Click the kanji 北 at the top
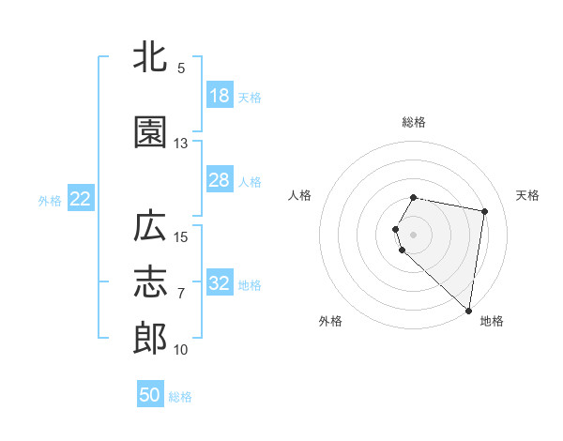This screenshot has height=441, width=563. pos(151,57)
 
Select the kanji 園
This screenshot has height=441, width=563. pos(151,132)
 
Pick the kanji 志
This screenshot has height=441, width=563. pos(151,282)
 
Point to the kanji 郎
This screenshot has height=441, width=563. pos(151,339)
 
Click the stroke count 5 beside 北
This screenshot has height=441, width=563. pos(181,68)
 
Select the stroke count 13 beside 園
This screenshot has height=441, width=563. pos(181,144)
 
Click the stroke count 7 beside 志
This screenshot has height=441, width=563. pos(181,294)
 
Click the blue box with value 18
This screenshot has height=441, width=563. pos(220,96)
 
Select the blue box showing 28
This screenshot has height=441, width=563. pos(220,180)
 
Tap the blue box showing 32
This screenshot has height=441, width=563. pos(220,283)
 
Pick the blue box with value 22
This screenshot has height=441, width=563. pos(81,199)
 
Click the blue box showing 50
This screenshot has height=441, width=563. pos(150,395)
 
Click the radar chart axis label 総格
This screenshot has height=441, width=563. pos(414,122)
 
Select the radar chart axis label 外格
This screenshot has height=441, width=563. pos(330,321)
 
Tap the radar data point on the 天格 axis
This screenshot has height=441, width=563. pos(484,211)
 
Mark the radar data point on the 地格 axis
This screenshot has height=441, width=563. pos(468,310)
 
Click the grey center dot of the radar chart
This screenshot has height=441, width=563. pos(414,234)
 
